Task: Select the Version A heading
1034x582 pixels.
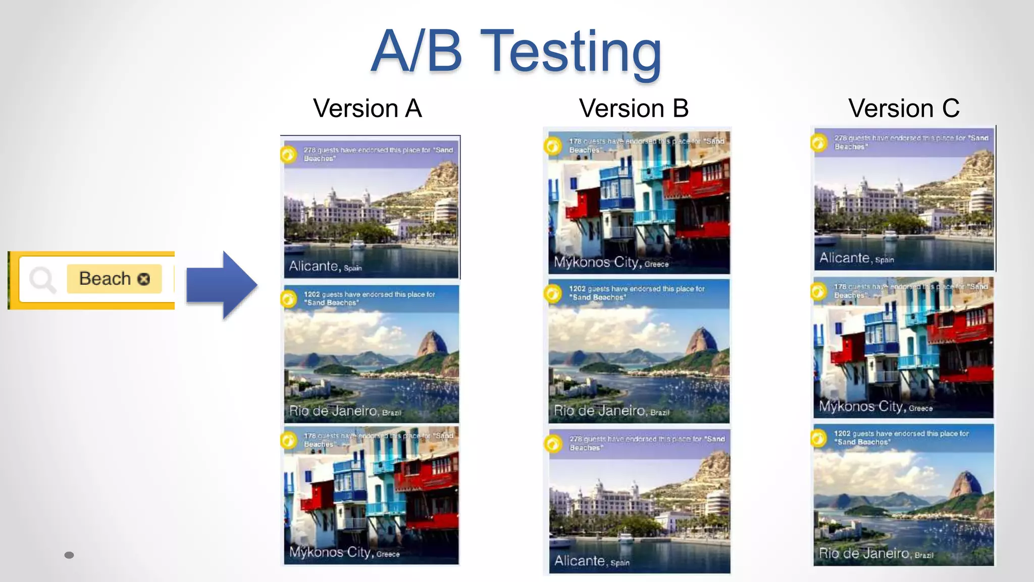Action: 367,108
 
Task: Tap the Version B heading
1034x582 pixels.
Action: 634,108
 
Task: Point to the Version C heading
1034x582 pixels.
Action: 904,108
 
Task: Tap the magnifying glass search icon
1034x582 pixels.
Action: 42,279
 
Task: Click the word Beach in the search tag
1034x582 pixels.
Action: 105,278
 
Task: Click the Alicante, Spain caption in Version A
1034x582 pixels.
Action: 325,266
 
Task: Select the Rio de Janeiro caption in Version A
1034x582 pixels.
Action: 345,411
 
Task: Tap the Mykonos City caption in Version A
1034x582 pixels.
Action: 344,552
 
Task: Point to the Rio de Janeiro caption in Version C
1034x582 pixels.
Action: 875,553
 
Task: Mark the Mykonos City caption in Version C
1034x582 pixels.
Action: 875,407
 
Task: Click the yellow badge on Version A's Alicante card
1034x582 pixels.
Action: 289,154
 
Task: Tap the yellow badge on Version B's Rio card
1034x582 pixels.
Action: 553,294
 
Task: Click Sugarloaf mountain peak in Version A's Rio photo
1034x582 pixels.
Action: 432,339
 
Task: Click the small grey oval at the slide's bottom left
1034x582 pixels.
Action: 69,555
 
